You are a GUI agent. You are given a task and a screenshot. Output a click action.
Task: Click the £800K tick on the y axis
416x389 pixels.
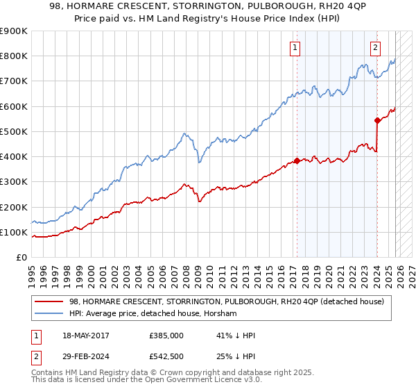[x=14, y=56]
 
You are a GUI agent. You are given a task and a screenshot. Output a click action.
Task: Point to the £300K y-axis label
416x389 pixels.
[x=14, y=182]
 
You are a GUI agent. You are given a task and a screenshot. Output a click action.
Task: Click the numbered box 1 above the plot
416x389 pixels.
[x=295, y=48]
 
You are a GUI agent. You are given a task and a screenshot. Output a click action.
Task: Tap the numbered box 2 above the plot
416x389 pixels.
[x=375, y=48]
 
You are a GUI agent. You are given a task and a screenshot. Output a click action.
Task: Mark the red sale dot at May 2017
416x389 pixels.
[x=297, y=160]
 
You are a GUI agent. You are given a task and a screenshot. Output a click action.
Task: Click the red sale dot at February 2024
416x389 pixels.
[x=377, y=121]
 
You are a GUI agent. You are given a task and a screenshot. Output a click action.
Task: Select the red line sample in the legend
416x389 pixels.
[x=50, y=301]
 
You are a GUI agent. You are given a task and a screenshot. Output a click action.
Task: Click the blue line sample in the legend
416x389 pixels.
[x=50, y=314]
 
